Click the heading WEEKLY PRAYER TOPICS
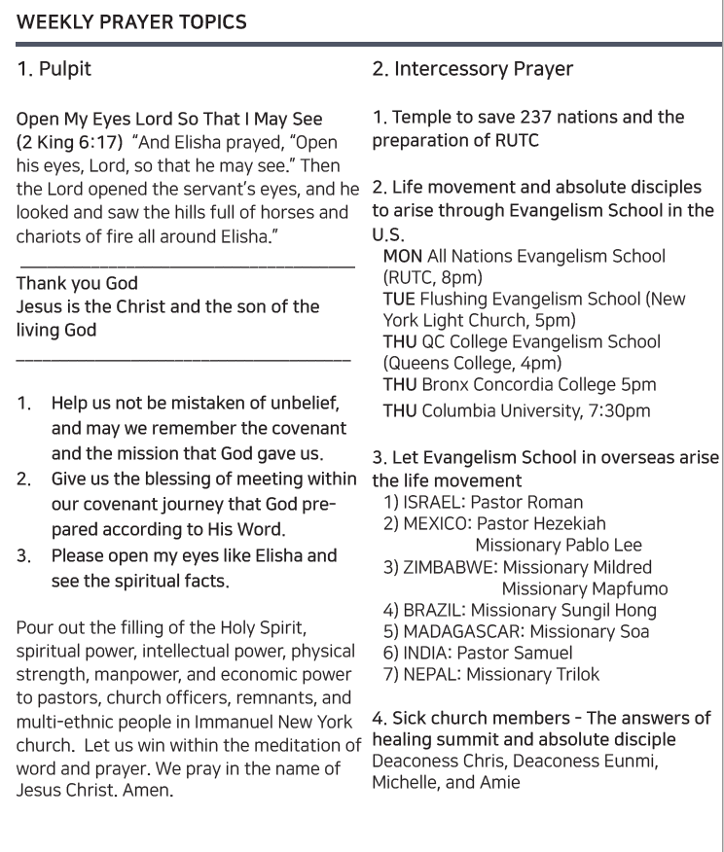pos(131,20)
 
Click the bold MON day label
pos(403,257)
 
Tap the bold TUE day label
pos(400,300)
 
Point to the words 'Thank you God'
pos(77,285)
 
